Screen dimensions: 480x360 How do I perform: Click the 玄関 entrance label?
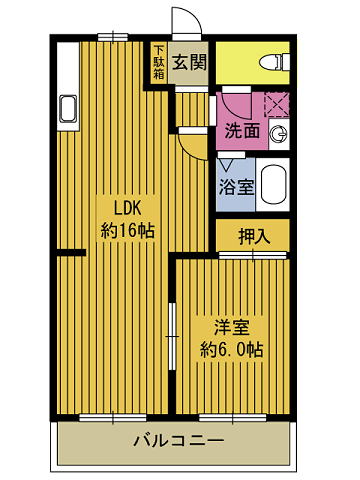coord(188,63)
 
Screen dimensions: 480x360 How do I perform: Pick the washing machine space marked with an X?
coord(276,103)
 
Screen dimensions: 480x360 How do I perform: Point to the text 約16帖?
coord(127,231)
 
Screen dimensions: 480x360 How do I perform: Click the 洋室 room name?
coord(231,327)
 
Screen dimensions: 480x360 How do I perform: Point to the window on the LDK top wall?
coord(112,37)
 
